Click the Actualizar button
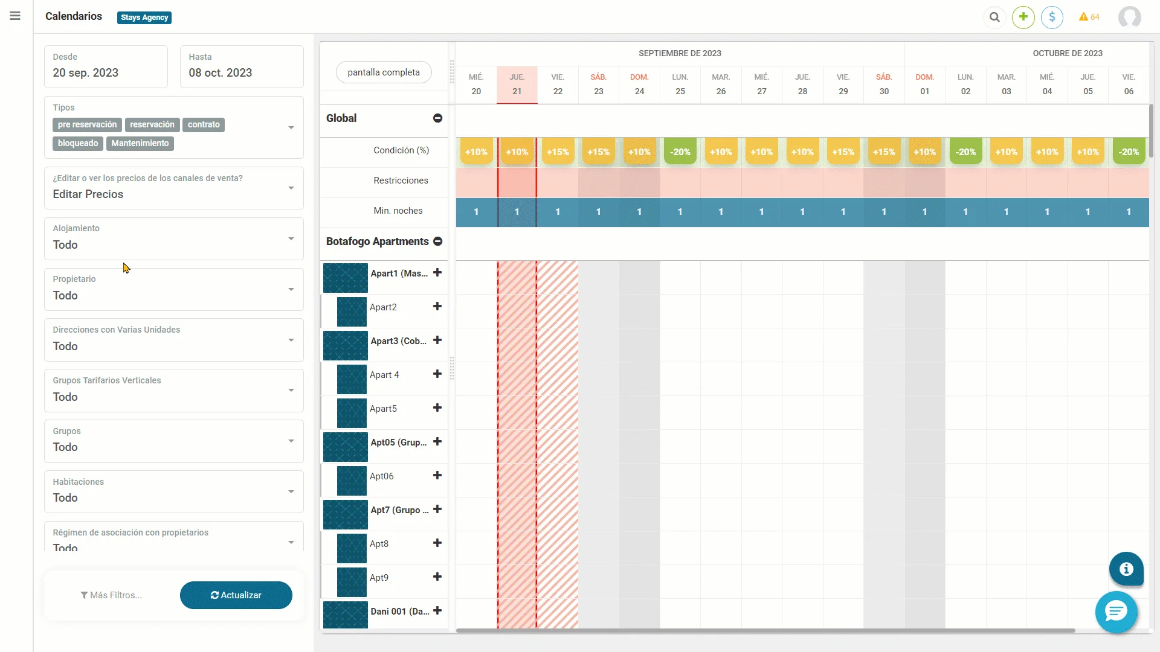coord(236,595)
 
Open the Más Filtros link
coord(111,595)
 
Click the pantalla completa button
coord(384,72)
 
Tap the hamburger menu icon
coord(15,16)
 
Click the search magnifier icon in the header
coord(994,17)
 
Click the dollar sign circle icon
coord(1052,17)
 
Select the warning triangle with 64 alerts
coord(1089,17)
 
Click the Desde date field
coord(106,66)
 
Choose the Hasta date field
coord(242,66)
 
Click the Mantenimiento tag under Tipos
coord(140,144)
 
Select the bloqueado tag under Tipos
coord(78,144)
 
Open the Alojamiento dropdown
coord(173,238)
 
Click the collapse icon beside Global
coord(437,118)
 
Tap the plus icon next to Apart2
coord(437,307)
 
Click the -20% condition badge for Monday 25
coord(680,152)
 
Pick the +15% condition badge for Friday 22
coord(558,152)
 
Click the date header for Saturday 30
coord(884,85)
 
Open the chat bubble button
coord(1116,612)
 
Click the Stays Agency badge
coord(144,18)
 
